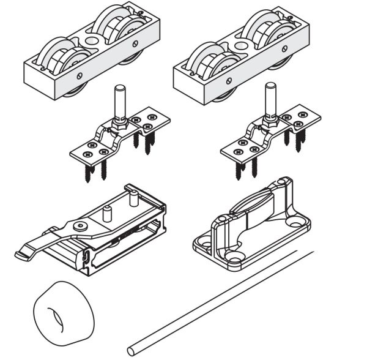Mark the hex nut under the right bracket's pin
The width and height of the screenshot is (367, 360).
[x=269, y=122]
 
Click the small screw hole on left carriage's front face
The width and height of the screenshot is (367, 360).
[x=78, y=77]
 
